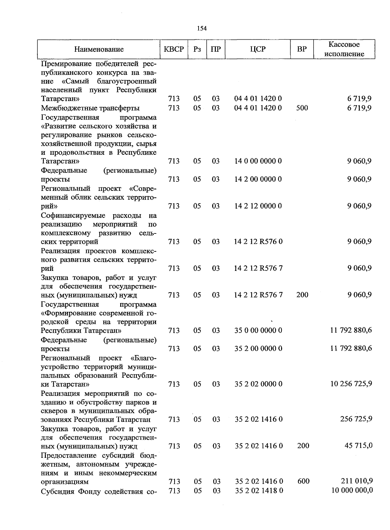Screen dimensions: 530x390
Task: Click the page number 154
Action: coord(201,28)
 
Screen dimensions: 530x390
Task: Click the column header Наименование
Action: coord(99,49)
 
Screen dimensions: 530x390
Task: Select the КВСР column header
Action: coord(174,49)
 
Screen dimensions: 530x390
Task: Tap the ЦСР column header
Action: coord(258,49)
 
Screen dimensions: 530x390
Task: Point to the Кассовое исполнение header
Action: coord(344,49)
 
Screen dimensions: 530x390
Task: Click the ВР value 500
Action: coord(302,108)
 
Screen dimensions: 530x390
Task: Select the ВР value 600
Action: coord(303,481)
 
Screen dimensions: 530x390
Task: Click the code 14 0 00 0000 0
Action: coord(258,161)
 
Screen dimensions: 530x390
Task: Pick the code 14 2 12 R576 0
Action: coord(258,242)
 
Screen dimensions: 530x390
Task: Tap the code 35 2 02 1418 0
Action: coord(259,490)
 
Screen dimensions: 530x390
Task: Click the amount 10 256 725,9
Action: coord(351,384)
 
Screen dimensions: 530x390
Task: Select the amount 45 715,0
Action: coord(358,446)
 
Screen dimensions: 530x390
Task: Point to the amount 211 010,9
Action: coord(356,481)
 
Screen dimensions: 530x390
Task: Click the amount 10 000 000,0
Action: coord(352,490)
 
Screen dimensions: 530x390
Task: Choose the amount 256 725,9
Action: coord(356,419)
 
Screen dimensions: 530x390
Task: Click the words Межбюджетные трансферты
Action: coord(90,108)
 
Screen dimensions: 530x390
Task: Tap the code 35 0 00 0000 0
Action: coord(258,331)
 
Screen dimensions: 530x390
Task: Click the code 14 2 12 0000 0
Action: coord(258,206)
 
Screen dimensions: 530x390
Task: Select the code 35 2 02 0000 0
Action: coord(258,384)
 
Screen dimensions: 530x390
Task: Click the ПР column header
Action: coord(216,49)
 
